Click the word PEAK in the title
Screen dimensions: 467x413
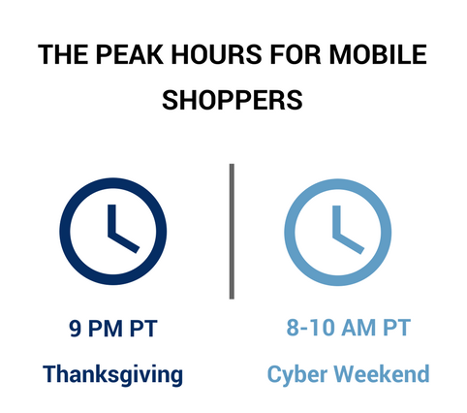tap(130, 54)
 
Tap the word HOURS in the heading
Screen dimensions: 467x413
tap(216, 54)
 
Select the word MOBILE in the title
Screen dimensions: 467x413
tap(378, 54)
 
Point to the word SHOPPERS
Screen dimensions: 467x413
tap(233, 100)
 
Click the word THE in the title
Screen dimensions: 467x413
tap(63, 54)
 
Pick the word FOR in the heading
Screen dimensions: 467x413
tap(296, 54)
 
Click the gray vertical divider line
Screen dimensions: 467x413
tap(232, 232)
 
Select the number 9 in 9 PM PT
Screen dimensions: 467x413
tap(75, 329)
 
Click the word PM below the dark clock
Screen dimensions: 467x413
tap(106, 329)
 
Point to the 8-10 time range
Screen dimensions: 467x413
tap(310, 327)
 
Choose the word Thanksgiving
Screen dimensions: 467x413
tap(112, 374)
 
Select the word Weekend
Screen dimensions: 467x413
tap(382, 373)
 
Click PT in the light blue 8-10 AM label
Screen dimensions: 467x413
tap(397, 327)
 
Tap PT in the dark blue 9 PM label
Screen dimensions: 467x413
tap(143, 329)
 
